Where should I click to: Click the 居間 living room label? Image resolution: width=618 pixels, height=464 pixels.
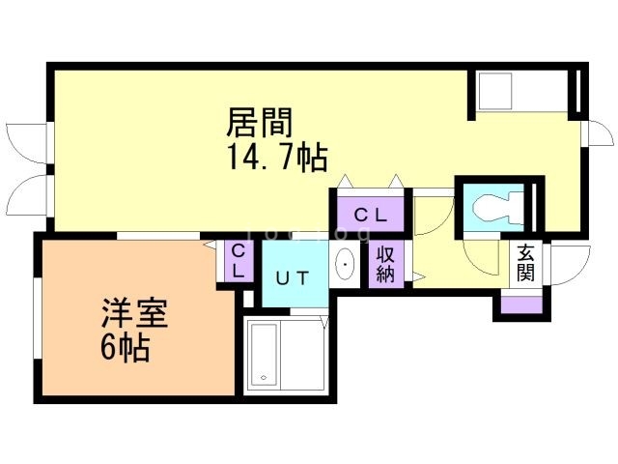(259, 123)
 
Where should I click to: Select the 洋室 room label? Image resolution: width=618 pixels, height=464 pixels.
(135, 315)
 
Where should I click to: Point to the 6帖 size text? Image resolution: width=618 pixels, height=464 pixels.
(126, 348)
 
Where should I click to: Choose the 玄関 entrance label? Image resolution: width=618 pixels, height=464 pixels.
(526, 263)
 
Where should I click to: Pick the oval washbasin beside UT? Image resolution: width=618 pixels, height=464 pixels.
(345, 262)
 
